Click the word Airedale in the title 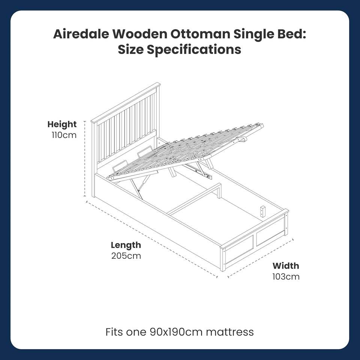click(x=81, y=34)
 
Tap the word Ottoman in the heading click(x=200, y=34)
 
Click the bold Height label click(x=62, y=124)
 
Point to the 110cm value click(x=64, y=135)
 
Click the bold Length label click(x=126, y=245)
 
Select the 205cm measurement click(x=126, y=256)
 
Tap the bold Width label click(x=286, y=266)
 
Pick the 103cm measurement click(x=286, y=277)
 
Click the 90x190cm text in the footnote click(x=176, y=332)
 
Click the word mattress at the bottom click(x=229, y=332)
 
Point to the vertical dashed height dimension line click(x=85, y=159)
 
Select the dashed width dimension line click(x=261, y=258)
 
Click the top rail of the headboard click(x=126, y=103)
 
